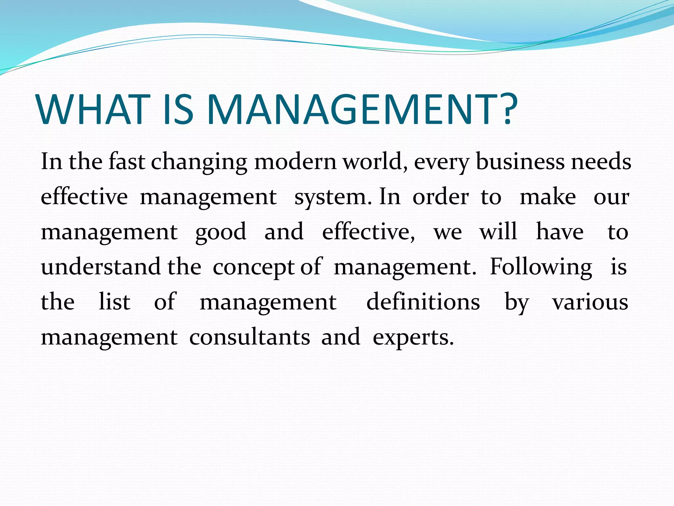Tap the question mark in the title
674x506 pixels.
[506, 109]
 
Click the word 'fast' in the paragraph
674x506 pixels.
[127, 162]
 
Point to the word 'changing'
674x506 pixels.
[199, 162]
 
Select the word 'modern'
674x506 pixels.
[295, 162]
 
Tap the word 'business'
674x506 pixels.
[520, 162]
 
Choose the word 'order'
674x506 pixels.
[441, 197]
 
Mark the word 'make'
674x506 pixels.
[548, 197]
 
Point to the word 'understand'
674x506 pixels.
[101, 267]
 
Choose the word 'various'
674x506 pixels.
[590, 302]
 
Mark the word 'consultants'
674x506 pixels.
[249, 337]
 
